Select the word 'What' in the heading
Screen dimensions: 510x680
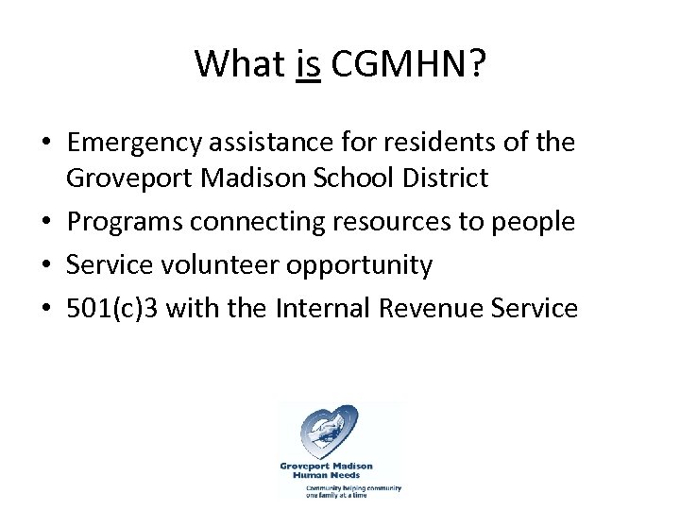(x=239, y=64)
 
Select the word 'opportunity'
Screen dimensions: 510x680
(x=359, y=266)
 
